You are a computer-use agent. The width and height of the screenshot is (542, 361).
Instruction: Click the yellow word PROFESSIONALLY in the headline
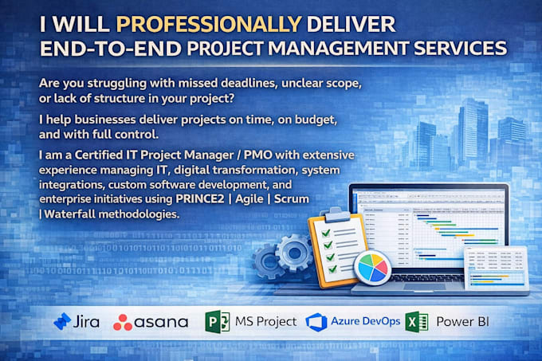coord(209,24)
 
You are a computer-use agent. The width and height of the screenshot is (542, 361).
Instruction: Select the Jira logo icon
coord(62,321)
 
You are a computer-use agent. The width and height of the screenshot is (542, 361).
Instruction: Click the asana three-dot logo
coord(123,322)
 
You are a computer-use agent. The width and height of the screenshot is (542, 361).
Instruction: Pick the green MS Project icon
coord(217,322)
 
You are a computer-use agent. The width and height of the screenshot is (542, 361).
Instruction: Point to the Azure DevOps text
coord(365,321)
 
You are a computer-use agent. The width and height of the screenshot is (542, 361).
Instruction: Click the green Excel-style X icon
coord(417,322)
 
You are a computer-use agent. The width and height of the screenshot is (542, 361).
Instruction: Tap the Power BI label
coord(462,322)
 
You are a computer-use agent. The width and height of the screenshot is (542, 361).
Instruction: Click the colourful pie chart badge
coord(373,268)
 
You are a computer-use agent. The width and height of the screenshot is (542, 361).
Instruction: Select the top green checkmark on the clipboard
coord(326,233)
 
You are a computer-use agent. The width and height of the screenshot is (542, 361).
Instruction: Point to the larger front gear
coord(294,253)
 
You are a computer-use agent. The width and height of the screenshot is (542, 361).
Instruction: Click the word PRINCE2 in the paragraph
coord(200,199)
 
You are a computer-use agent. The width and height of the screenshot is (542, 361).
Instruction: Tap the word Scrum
coord(292,199)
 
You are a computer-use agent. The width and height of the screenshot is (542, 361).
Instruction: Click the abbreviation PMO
coord(258,155)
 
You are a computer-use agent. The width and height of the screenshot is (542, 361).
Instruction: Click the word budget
coord(316,120)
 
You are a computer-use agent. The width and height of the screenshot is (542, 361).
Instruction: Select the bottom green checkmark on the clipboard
coord(332,269)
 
